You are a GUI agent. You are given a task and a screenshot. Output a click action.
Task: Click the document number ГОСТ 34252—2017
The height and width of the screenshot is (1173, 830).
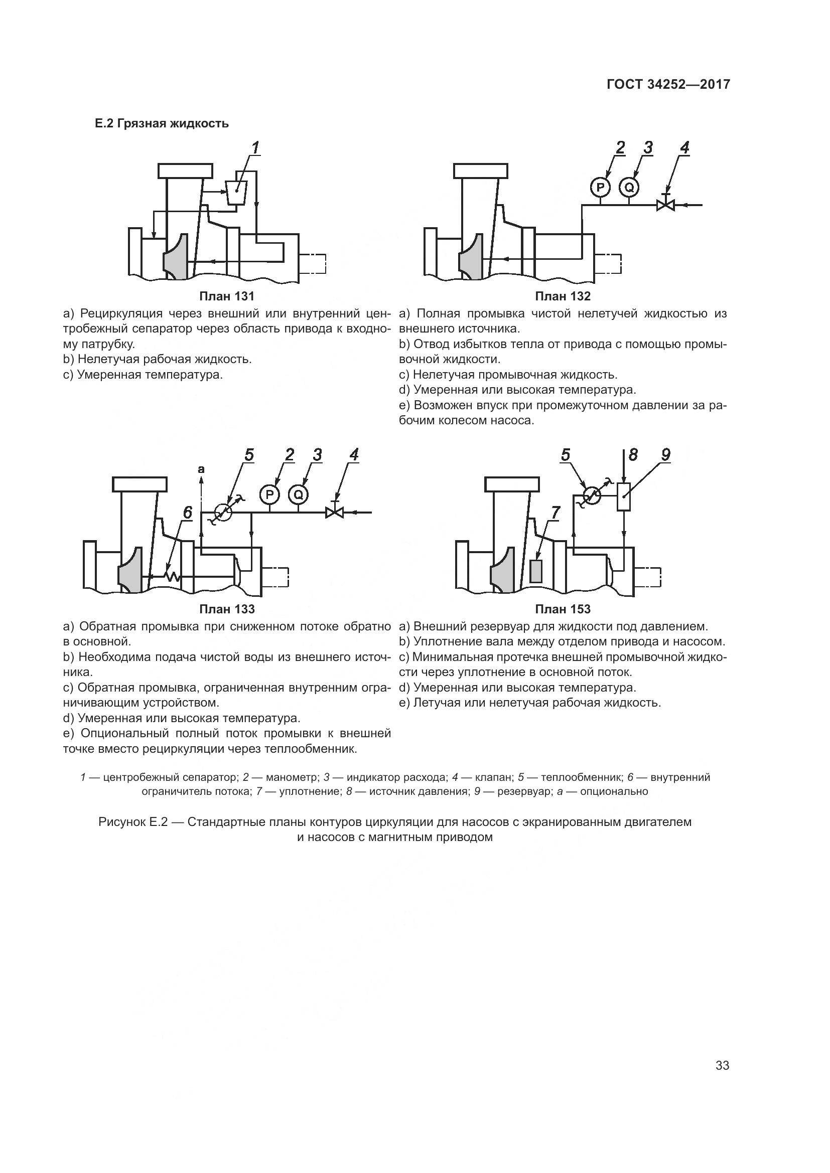pos(668,84)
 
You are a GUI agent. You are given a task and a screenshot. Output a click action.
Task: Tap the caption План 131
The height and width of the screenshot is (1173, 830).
pos(226,296)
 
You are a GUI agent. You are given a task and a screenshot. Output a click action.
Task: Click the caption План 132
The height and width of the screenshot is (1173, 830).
pos(562,296)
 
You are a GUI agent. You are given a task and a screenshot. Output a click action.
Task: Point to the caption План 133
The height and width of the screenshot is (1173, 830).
pos(226,609)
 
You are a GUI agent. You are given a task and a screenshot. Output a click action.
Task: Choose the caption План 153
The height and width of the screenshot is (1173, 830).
pos(562,609)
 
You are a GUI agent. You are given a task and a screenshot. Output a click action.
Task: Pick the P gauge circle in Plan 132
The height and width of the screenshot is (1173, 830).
pos(601,188)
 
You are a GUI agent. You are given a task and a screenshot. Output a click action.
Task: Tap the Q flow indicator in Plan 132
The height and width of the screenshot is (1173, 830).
pos(629,188)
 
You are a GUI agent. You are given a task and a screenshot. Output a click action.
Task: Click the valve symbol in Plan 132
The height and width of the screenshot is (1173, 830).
pos(665,205)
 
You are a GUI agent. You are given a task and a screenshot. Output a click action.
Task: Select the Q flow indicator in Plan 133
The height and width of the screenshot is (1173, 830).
pos(299,494)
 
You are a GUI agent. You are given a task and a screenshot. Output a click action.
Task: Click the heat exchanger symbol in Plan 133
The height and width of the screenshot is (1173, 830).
pos(223,512)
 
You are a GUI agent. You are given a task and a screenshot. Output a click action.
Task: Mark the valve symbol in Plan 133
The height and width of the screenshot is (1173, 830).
pos(335,512)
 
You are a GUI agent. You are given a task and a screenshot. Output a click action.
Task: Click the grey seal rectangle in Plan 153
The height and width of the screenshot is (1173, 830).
pos(535,571)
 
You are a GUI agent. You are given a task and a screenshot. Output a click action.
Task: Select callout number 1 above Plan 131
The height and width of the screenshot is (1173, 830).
pos(255,147)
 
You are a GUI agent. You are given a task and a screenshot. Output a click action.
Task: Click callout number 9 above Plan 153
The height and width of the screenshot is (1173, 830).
pos(665,455)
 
